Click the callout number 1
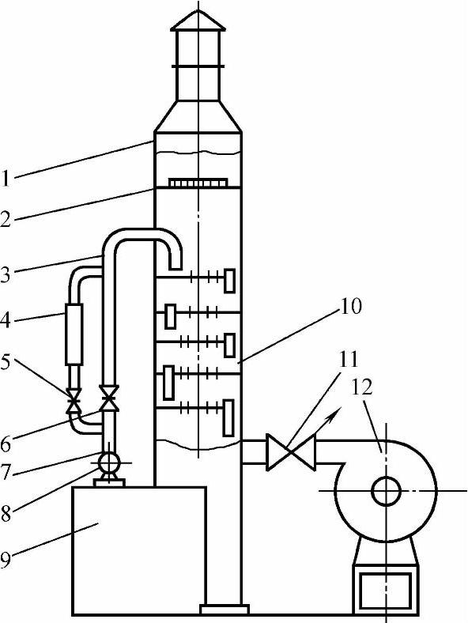6,178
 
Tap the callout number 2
6,219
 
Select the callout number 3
6,274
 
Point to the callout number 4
6,320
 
